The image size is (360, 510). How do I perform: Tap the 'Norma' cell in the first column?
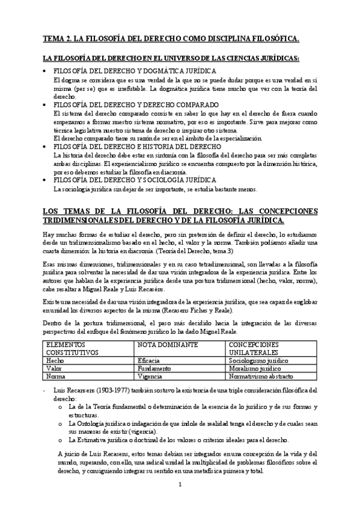click(x=55, y=376)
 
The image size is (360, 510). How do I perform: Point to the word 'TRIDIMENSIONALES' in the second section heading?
click(x=78, y=220)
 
